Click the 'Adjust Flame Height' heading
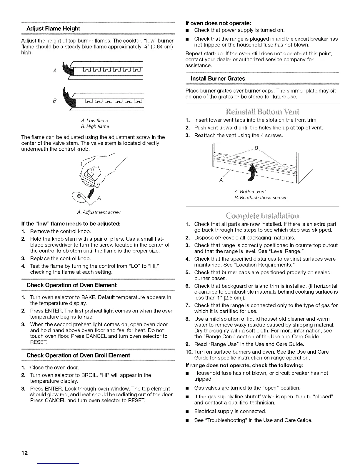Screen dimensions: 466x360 [53, 29]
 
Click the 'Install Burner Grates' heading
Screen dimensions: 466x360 [218, 79]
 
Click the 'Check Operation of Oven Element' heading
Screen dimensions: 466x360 [71, 285]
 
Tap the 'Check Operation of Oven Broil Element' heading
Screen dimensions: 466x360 [78, 355]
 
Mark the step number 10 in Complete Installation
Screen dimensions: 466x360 [189, 352]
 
